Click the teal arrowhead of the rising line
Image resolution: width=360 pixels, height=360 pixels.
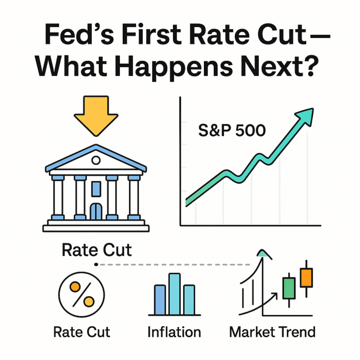pos(305,114)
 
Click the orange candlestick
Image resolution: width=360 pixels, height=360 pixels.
pos(306,277)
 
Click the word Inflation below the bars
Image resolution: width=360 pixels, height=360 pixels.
pos(174,332)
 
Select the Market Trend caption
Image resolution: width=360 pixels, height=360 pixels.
pos(272,332)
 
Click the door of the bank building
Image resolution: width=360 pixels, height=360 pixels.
pos(96,211)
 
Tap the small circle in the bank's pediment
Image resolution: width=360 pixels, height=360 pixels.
pos(96,161)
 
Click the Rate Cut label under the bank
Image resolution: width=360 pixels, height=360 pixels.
pos(97,250)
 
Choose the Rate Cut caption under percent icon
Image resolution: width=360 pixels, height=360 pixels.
pos(82,332)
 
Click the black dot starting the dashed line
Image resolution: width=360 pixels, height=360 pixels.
pos(96,265)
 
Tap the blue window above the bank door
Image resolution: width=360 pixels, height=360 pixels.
pos(96,187)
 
